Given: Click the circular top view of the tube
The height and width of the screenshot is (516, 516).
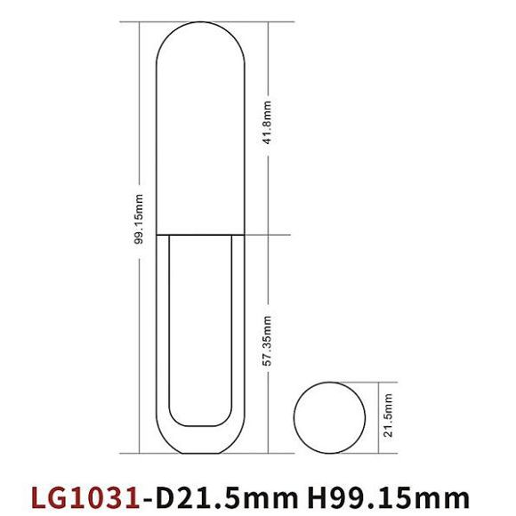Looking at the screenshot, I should [330, 417].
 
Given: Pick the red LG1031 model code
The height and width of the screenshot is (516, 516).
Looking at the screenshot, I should [85, 494].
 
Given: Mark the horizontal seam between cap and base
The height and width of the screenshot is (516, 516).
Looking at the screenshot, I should [201, 235].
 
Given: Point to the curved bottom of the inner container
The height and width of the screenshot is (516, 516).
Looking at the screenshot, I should [201, 424].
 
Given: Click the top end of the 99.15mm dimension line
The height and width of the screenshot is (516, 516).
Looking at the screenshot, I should [141, 24].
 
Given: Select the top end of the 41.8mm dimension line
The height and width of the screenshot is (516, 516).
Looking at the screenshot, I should [269, 24].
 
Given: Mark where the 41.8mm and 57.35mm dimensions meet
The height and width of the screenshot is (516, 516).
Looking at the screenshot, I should [269, 235].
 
